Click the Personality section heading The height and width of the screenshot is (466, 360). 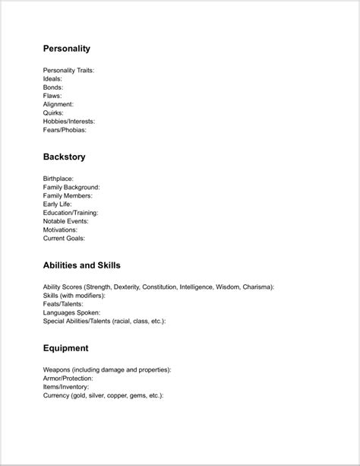(x=67, y=49)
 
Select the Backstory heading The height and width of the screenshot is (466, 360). (x=65, y=157)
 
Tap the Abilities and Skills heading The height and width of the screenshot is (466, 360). (x=82, y=265)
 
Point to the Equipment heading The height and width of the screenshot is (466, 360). (x=66, y=348)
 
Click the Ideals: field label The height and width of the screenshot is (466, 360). (x=53, y=79)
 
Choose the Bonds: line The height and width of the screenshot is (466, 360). (x=54, y=87)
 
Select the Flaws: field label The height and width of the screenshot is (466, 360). (x=53, y=96)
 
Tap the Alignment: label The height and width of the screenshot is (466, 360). (x=58, y=104)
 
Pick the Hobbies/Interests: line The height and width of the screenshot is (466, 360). (x=69, y=121)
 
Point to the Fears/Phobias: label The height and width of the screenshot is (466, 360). (x=65, y=129)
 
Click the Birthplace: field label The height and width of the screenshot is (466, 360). (x=58, y=179)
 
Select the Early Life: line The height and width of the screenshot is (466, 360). (x=58, y=204)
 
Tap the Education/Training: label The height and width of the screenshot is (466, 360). (x=71, y=212)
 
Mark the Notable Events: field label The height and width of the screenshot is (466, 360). (x=66, y=220)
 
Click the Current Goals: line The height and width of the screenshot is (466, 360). (x=65, y=237)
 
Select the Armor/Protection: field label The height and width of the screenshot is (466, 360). (x=68, y=378)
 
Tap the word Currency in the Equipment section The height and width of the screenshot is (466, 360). (x=58, y=395)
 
